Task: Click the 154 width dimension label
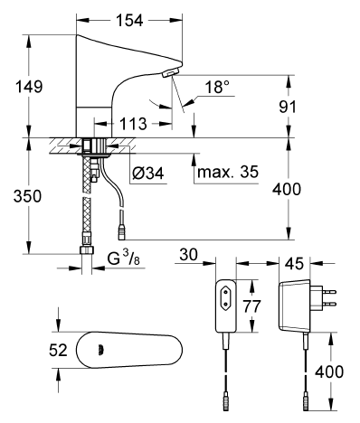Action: tap(129, 21)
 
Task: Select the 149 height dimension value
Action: tap(29, 87)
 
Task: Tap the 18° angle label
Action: tap(217, 87)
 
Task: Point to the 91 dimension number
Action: tap(288, 107)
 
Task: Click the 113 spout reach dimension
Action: tap(133, 124)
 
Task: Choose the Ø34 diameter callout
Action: tap(148, 174)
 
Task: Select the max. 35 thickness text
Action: tap(228, 172)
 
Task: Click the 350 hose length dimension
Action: tap(27, 196)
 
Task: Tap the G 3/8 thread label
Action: tap(124, 258)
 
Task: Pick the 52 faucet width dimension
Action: tap(58, 351)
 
